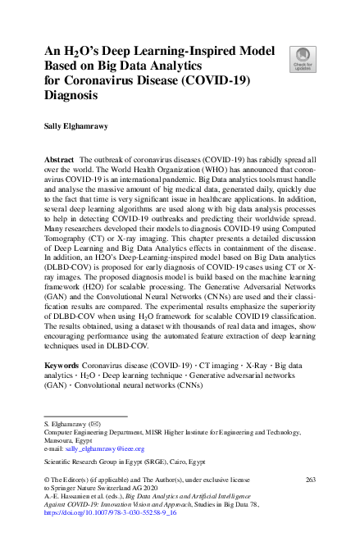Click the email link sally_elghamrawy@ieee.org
click(x=93, y=449)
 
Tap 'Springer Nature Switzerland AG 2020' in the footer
click(x=107, y=485)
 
